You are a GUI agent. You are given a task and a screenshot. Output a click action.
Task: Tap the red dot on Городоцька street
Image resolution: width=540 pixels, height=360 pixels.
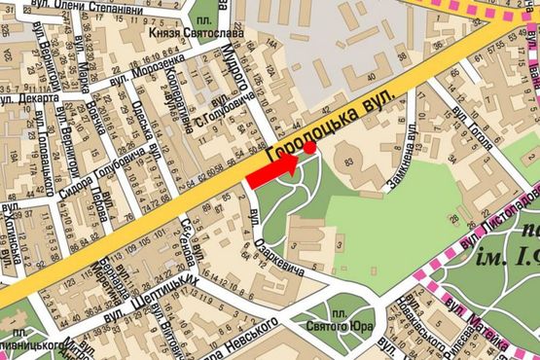310,148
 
